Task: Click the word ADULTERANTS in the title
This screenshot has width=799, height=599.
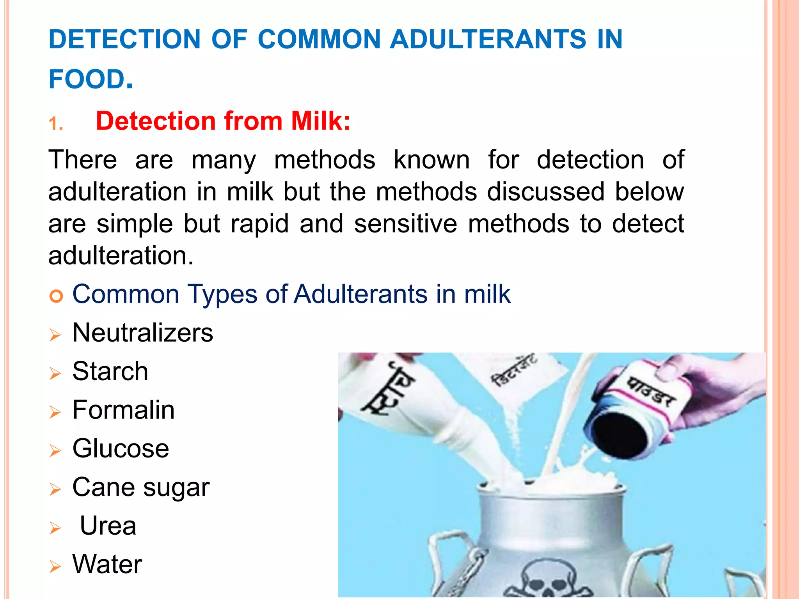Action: (x=488, y=39)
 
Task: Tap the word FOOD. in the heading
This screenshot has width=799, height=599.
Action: (x=91, y=79)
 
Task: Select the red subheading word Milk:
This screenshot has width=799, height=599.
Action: (x=321, y=121)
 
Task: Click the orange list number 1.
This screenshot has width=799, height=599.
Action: (x=56, y=124)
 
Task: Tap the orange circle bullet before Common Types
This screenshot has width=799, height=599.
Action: (x=56, y=297)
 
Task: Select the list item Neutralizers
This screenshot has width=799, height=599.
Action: (x=143, y=333)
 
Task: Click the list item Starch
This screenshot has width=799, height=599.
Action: (x=110, y=371)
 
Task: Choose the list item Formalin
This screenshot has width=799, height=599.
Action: (x=124, y=410)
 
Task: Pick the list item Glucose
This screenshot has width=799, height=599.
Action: (x=121, y=448)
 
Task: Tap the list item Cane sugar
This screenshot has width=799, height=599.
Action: (x=141, y=487)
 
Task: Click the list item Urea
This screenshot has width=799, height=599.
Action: (x=108, y=526)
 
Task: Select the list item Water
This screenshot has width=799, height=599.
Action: (x=107, y=564)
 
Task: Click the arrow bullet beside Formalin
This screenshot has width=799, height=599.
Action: (x=55, y=412)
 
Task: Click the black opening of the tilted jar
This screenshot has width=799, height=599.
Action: (x=620, y=437)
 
